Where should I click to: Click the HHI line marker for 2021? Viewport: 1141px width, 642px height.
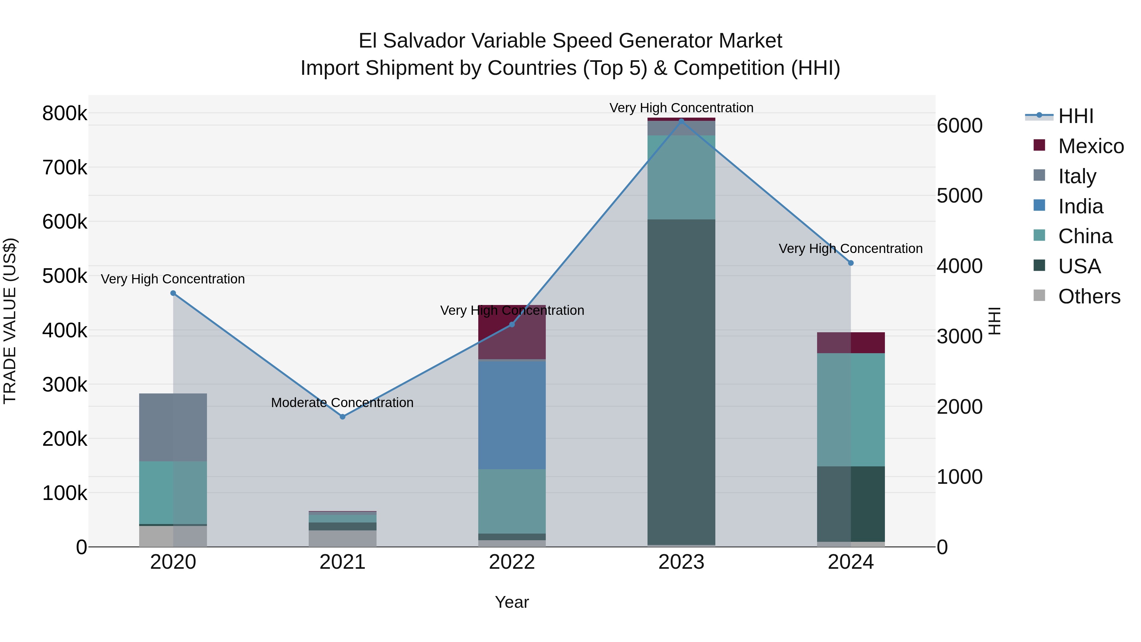click(342, 417)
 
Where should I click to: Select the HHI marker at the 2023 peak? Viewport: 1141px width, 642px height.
click(681, 120)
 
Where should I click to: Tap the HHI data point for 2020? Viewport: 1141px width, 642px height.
click(173, 293)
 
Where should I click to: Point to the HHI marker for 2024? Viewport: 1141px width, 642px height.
click(850, 263)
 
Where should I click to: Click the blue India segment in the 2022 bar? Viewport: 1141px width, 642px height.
click(512, 415)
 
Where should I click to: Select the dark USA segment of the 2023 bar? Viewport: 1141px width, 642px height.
click(681, 381)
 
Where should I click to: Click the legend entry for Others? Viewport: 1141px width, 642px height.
click(1089, 296)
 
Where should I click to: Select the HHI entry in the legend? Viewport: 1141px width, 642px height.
click(1075, 116)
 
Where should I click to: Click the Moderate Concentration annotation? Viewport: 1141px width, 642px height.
click(342, 403)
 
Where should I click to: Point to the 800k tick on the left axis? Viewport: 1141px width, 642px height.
click(65, 114)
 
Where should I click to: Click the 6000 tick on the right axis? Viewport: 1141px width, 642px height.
click(960, 126)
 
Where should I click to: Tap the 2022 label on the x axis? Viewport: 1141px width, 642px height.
click(512, 562)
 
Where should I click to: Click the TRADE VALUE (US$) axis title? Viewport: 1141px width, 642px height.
click(10, 321)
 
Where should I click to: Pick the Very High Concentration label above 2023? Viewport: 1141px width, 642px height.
click(681, 108)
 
